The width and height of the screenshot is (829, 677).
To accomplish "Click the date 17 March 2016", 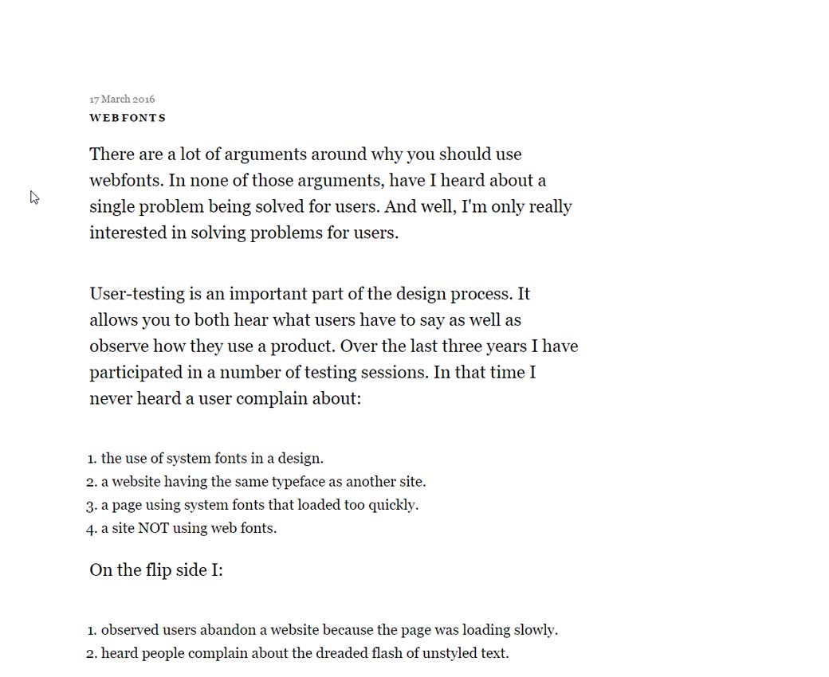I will pyautogui.click(x=122, y=100).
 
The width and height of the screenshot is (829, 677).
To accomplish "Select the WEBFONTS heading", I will pyautogui.click(x=128, y=118).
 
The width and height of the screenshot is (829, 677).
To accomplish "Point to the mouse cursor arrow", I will pyautogui.click(x=33, y=197).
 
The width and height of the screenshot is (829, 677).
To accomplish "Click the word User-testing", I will pyautogui.click(x=136, y=294).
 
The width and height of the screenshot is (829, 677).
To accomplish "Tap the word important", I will pyautogui.click(x=267, y=294).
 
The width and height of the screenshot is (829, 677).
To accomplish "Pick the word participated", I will pyautogui.click(x=133, y=373).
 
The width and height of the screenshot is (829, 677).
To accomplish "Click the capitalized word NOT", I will pyautogui.click(x=153, y=528).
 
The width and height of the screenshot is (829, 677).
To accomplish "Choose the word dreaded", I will pyautogui.click(x=339, y=653).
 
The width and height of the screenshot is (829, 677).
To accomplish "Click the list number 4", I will pyautogui.click(x=91, y=528).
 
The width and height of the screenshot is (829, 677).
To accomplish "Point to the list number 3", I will pyautogui.click(x=91, y=505).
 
